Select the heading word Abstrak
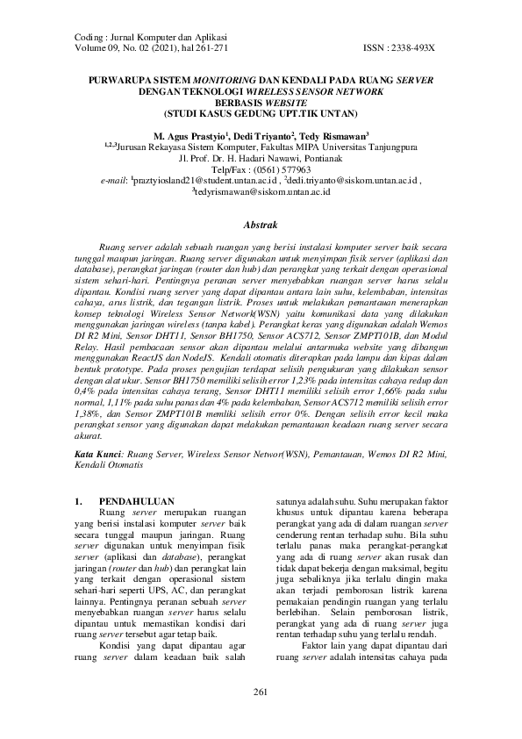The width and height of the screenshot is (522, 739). pos(261,226)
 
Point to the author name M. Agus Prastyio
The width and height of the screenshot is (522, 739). pos(189,138)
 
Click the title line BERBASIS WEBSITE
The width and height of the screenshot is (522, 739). pos(260,102)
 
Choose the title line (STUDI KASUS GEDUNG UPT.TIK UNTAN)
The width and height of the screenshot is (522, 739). pos(261,113)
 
